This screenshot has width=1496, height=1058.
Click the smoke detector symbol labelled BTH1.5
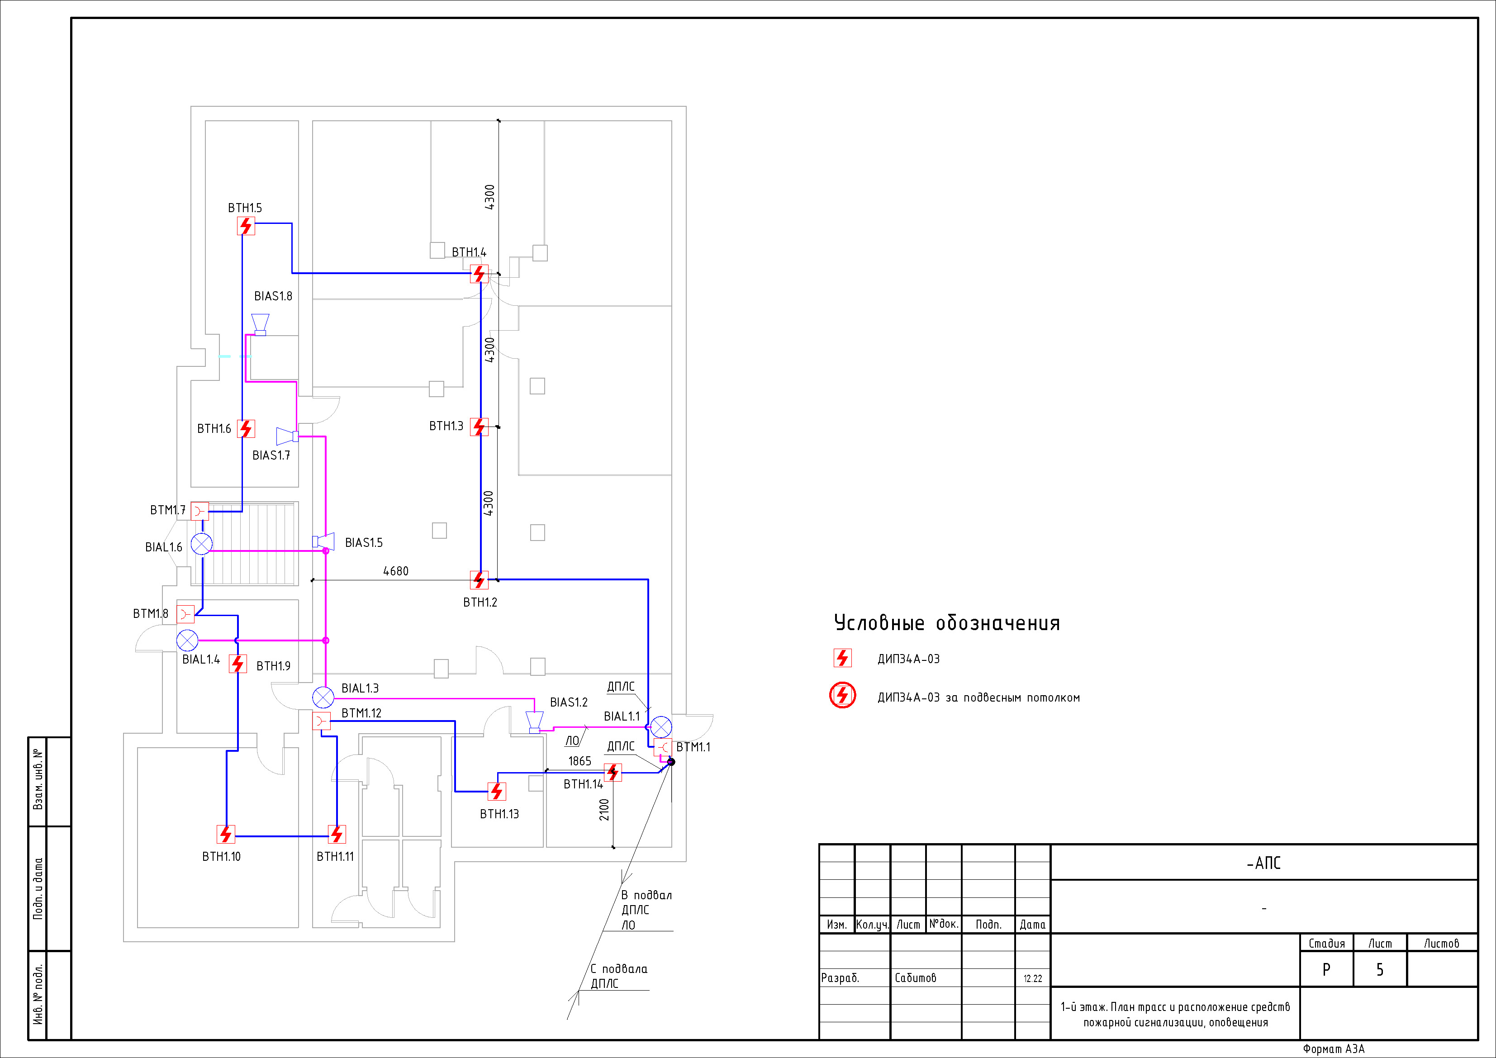pyautogui.click(x=246, y=226)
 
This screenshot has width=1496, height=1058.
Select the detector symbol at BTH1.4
pyautogui.click(x=480, y=274)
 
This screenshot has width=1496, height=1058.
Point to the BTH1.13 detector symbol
pyautogui.click(x=497, y=792)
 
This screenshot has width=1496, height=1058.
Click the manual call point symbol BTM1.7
pyautogui.click(x=200, y=511)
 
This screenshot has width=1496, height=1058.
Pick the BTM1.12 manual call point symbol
pyautogui.click(x=321, y=721)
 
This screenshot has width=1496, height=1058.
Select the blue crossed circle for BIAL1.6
pyautogui.click(x=201, y=543)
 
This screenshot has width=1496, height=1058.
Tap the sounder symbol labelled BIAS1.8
pyautogui.click(x=261, y=324)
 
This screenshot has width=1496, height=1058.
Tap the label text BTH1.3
pyautogui.click(x=446, y=426)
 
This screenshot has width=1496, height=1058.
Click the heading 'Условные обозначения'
pyautogui.click(x=947, y=623)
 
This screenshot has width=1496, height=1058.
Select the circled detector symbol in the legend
pyautogui.click(x=842, y=695)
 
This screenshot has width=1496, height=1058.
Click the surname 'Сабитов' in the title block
pyautogui.click(x=916, y=978)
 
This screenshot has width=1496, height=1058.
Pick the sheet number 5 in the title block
pyautogui.click(x=1379, y=970)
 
